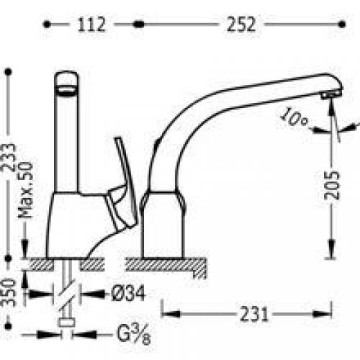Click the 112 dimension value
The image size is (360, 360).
[x=91, y=24]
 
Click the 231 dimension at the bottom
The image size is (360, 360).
[x=256, y=315]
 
